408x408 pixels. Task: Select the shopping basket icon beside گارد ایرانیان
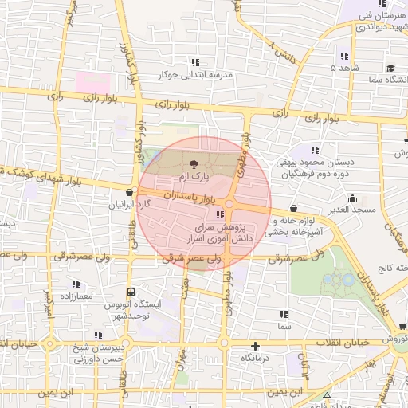coord(130,192)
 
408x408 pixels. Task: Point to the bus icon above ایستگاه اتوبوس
coord(130,292)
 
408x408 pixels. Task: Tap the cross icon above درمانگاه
coord(255,346)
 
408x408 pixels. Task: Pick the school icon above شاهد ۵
coord(344,56)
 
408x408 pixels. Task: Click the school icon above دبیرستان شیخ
coord(97,335)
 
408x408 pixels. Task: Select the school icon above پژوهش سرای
coord(219,214)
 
